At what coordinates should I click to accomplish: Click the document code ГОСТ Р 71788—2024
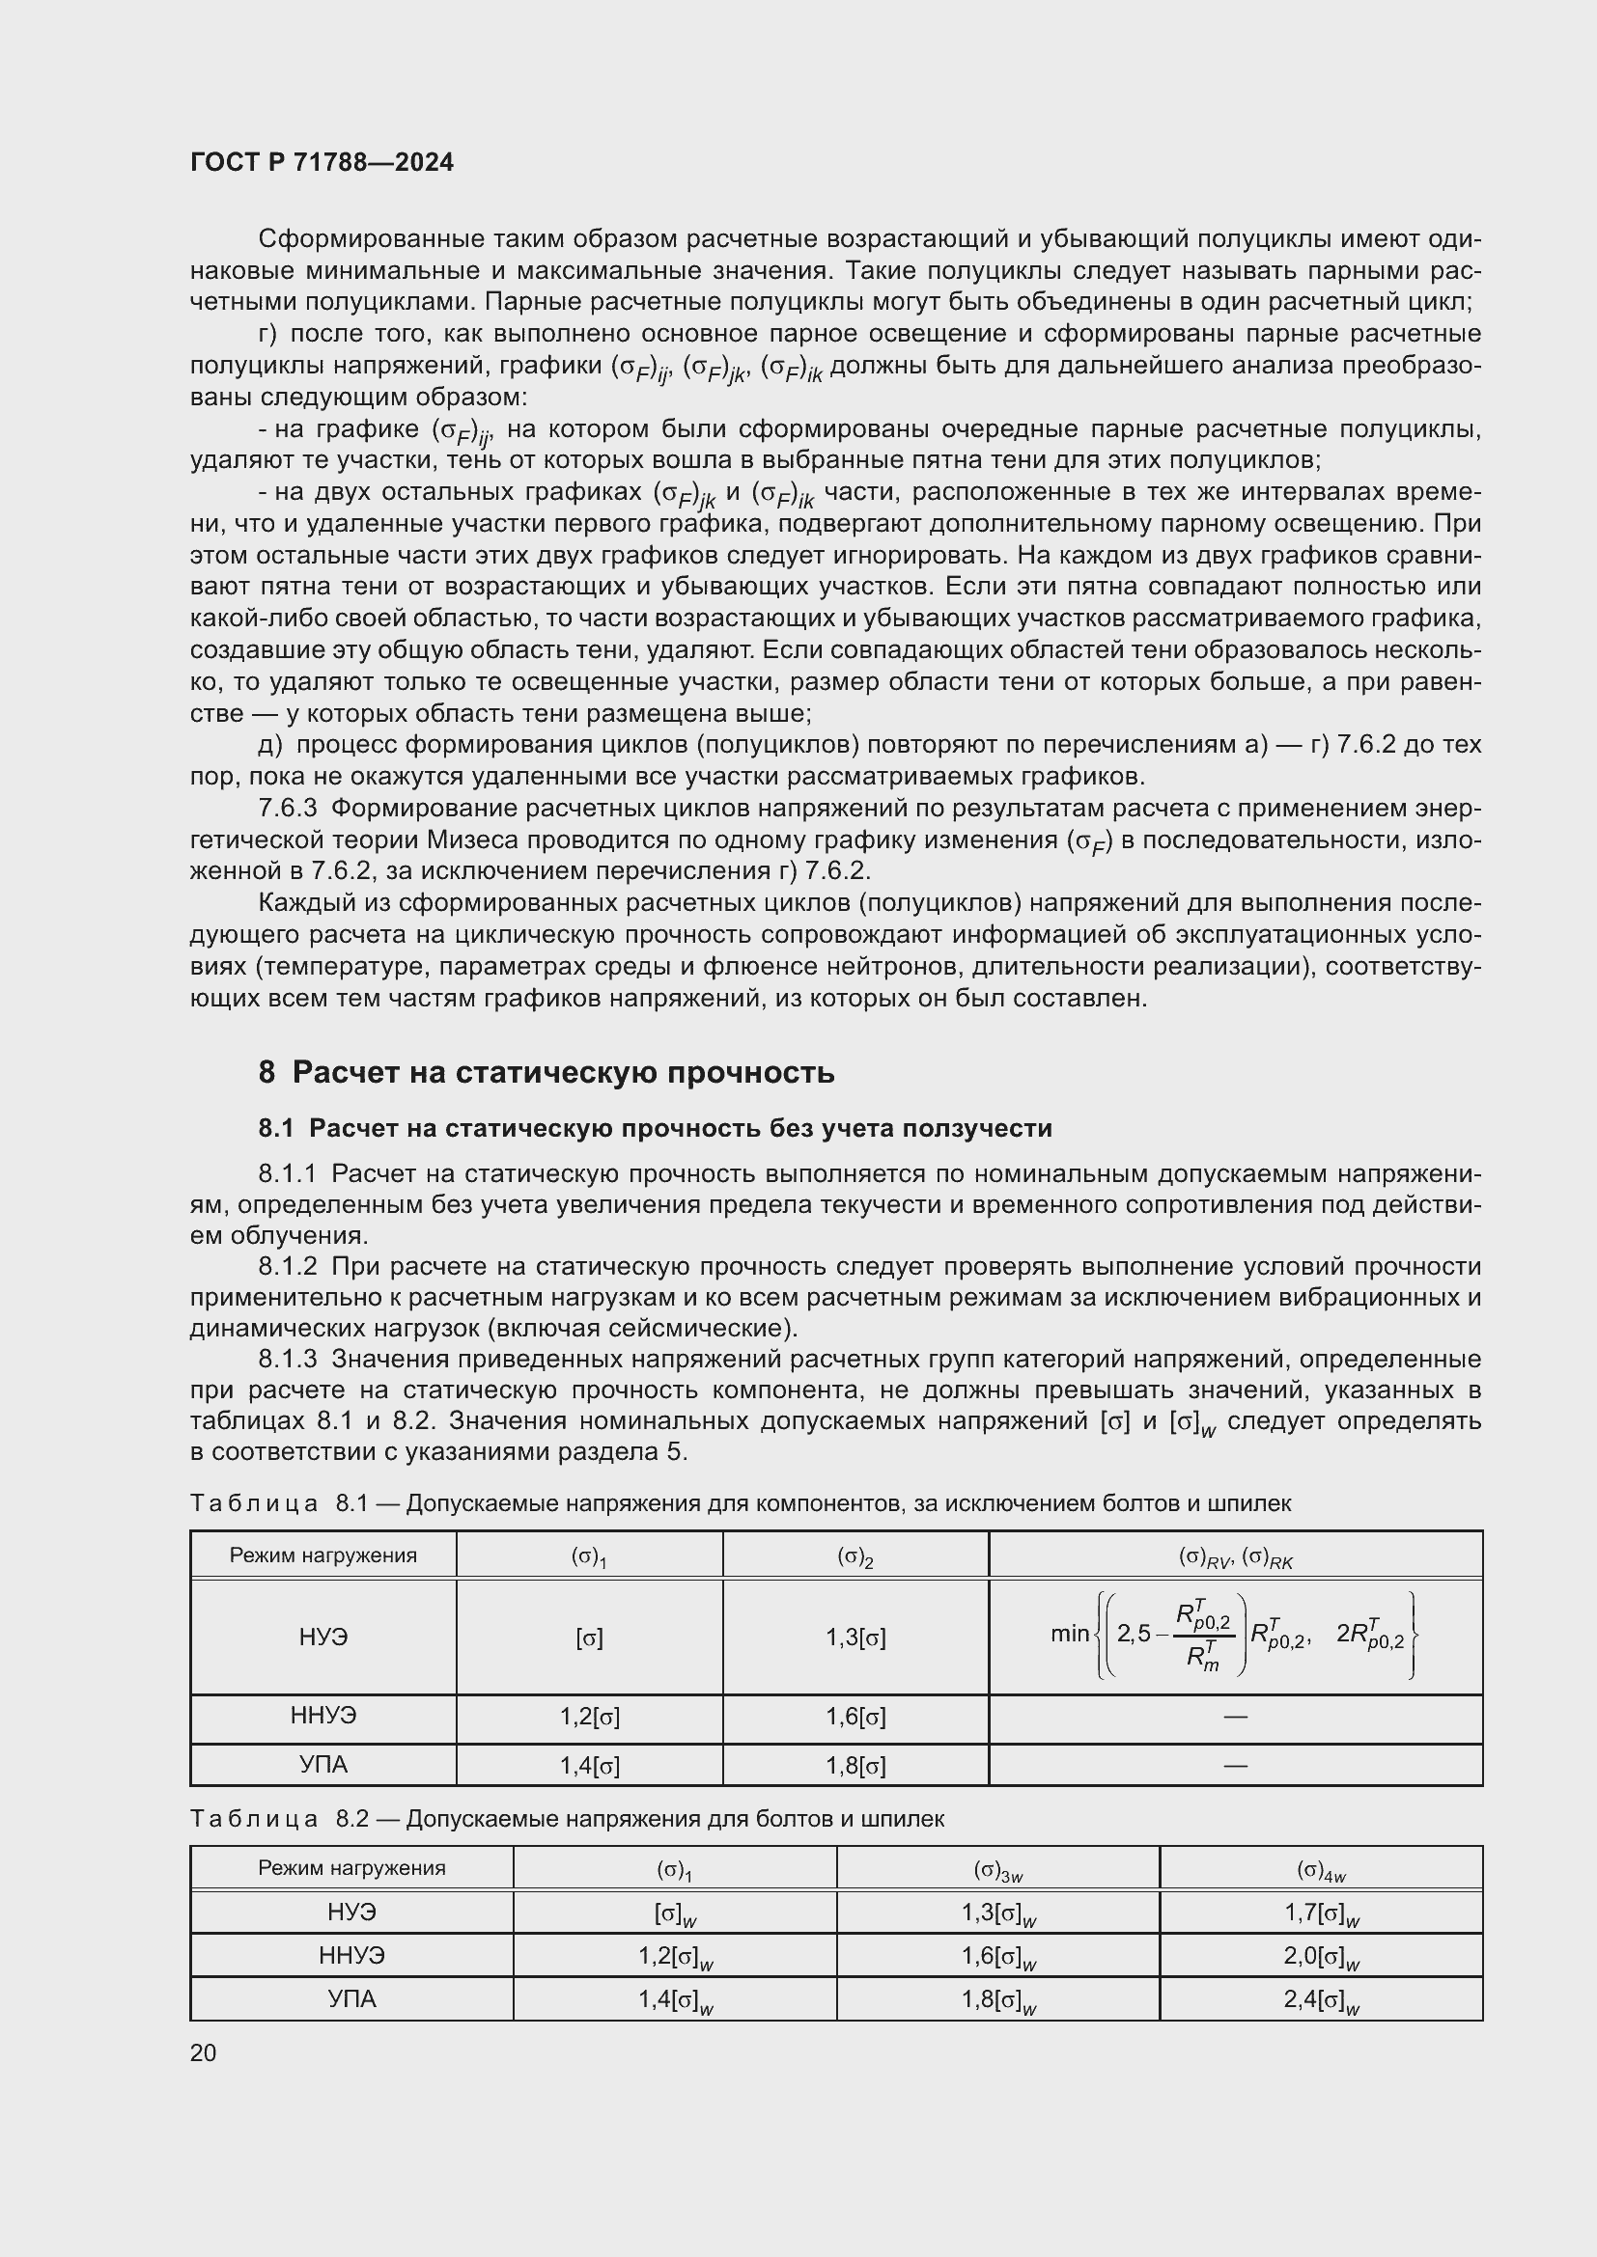pos(322,162)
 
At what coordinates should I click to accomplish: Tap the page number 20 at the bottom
pos(203,2052)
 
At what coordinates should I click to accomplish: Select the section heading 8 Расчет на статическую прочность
pos(546,1071)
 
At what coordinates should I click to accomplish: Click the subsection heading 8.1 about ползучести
pos(655,1129)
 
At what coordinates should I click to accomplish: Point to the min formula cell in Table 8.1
pos(1235,1636)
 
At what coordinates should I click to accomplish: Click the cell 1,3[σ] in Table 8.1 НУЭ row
pos(855,1638)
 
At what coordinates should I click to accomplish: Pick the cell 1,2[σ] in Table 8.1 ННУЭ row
pos(589,1717)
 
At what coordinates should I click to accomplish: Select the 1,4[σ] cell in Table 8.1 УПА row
pos(589,1766)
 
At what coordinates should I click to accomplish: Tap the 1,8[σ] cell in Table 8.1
pos(855,1766)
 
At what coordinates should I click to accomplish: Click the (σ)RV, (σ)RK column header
pos(1235,1556)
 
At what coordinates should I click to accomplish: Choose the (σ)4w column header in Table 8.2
pos(1320,1870)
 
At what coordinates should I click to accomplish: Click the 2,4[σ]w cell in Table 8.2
pos(1320,1999)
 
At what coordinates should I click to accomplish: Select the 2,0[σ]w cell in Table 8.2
pos(1320,1956)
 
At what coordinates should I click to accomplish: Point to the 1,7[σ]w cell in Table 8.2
pos(1320,1913)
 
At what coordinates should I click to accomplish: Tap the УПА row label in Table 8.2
pos(352,1998)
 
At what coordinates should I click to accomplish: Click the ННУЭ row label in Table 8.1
pos(323,1716)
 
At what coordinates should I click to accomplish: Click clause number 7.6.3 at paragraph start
pos(287,808)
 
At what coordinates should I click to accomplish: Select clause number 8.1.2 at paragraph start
pos(287,1266)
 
